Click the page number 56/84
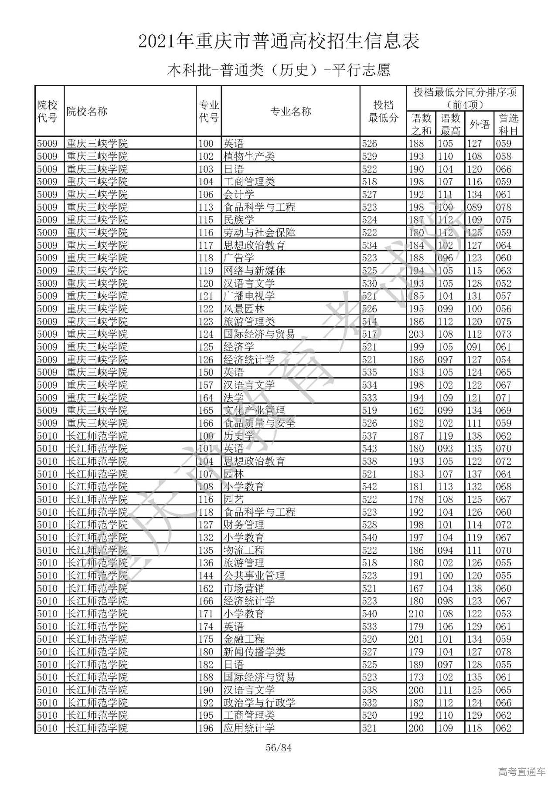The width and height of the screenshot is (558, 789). [x=279, y=748]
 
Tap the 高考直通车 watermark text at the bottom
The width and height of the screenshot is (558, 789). [x=521, y=772]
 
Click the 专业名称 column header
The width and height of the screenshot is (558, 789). [x=291, y=112]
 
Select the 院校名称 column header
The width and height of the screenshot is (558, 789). [x=87, y=112]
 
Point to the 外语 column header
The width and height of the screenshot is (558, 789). [x=479, y=125]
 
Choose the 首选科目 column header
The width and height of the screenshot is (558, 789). [x=508, y=125]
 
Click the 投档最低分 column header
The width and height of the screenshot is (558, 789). [x=383, y=112]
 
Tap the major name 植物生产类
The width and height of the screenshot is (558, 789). [x=249, y=156]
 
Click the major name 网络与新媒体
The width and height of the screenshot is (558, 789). [x=254, y=271]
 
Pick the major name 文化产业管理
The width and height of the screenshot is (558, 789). [x=254, y=410]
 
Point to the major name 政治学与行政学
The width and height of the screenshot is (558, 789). [x=259, y=703]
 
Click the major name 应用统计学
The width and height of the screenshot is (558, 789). [x=249, y=728]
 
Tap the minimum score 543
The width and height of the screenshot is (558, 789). [x=369, y=449]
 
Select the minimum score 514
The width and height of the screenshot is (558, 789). [x=369, y=322]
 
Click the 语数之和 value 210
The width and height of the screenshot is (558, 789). [x=416, y=614]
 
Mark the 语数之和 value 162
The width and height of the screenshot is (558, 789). [x=416, y=410]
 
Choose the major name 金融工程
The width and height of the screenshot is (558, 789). [x=244, y=639]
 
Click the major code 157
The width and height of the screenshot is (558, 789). [x=206, y=385]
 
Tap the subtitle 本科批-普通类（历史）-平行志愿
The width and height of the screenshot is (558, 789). [x=279, y=70]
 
